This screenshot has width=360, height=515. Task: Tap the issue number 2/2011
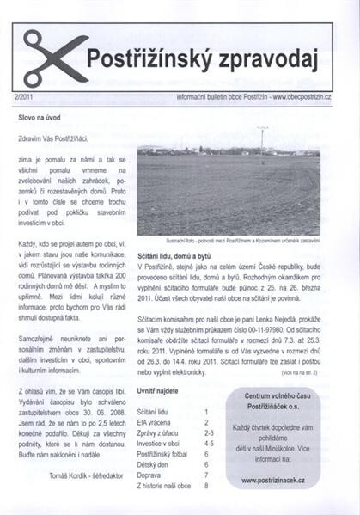[x=27, y=100]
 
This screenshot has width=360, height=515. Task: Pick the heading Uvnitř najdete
[x=161, y=391]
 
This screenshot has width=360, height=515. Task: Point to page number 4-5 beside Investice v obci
[x=206, y=444]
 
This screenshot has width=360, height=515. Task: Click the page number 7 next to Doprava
[x=206, y=475]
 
